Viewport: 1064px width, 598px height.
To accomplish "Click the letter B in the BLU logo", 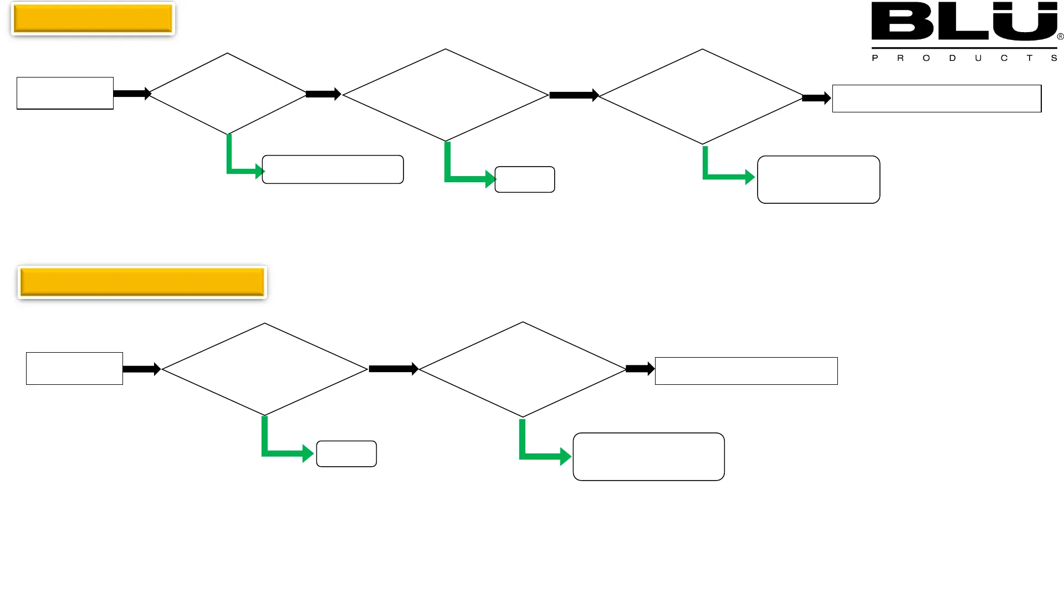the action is point(902,21).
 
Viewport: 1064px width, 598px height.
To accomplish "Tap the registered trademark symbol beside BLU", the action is point(1060,37).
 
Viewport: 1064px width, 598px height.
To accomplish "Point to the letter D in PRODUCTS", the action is point(952,58).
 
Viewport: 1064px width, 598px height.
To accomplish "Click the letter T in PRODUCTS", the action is point(1029,58).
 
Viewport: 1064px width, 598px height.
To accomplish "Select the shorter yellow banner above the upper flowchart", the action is point(93,18).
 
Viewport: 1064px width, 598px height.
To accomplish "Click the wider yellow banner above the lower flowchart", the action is point(142,282).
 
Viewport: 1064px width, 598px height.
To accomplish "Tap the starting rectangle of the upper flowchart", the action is point(65,93).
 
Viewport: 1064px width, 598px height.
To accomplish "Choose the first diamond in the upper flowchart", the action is point(227,94).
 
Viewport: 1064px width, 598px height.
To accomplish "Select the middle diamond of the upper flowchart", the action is point(446,95).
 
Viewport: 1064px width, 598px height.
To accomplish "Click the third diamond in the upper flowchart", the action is point(702,96).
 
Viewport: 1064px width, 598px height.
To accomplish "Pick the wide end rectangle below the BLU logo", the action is point(937,99).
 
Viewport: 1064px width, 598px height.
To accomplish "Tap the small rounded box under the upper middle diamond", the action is point(524,179).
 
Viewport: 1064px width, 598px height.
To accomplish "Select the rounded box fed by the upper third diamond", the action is point(819,179).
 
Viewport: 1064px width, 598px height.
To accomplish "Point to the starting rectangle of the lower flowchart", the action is point(74,368).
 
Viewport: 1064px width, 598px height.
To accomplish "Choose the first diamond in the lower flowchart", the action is point(264,369).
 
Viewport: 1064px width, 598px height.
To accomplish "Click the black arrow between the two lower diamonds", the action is point(393,369).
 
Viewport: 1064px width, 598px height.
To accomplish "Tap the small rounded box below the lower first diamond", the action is point(346,453).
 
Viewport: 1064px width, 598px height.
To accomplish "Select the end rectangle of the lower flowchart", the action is point(746,371).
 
